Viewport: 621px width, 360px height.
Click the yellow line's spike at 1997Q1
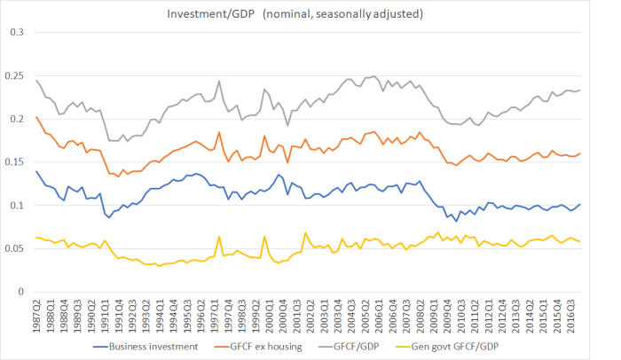(x=218, y=237)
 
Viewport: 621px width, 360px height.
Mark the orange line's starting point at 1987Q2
(x=36, y=117)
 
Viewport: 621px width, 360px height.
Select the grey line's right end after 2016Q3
(x=606, y=90)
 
